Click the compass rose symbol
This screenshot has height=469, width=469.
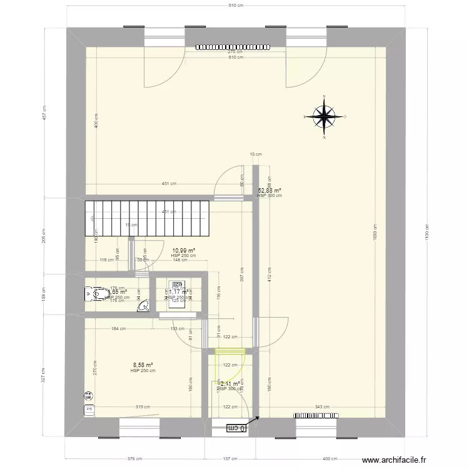click(x=325, y=116)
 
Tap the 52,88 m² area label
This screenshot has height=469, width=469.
click(x=270, y=191)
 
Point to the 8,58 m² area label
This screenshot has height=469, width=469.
click(x=143, y=365)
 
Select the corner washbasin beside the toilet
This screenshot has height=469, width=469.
click(x=143, y=305)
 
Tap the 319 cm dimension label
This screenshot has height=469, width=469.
click(x=141, y=406)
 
